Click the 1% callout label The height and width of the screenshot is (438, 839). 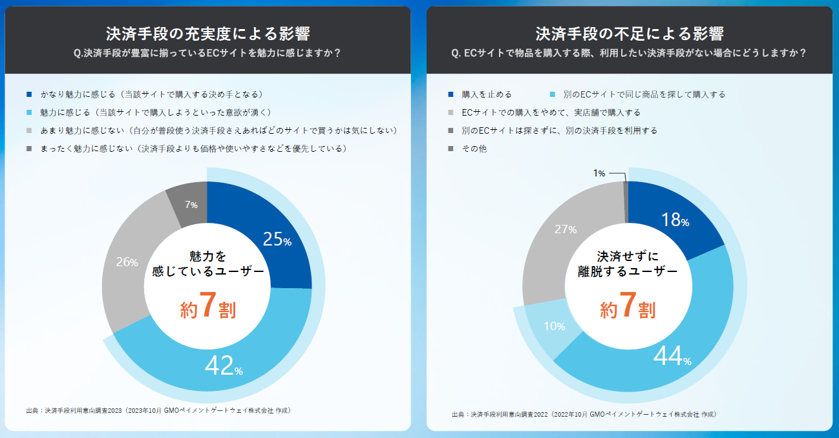point(599,173)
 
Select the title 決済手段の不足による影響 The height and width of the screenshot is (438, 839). point(629,34)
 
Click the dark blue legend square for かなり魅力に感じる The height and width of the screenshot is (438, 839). point(30,94)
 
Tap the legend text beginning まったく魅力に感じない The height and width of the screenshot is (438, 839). point(195,149)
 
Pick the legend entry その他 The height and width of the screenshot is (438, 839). point(474,149)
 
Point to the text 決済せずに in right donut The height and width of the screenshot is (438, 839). point(627,256)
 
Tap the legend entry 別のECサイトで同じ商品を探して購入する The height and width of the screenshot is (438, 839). point(644,94)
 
